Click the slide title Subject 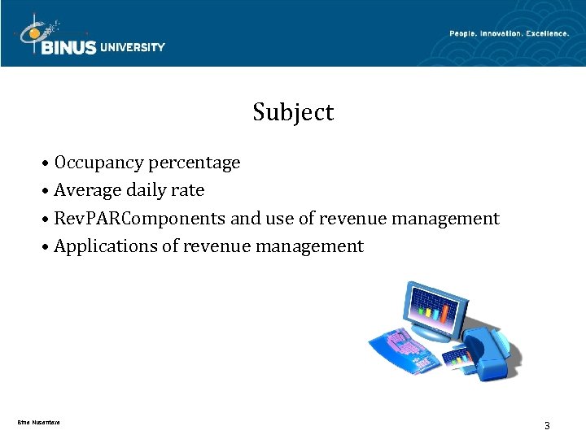293,112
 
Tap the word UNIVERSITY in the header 133,47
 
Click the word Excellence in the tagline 547,33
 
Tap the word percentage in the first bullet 195,163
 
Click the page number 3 547,425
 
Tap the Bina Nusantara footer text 38,421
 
